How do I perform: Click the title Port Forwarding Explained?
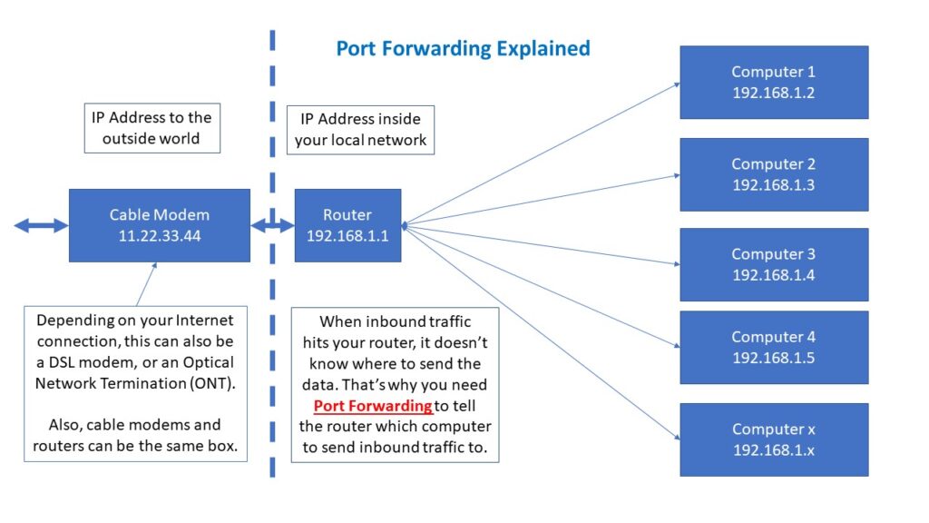coord(463,48)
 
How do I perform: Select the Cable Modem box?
coord(159,225)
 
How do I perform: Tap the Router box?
coord(347,225)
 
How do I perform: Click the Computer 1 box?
coord(773,82)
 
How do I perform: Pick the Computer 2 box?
coord(773,174)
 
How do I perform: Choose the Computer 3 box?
coord(773,264)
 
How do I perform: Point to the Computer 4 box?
coord(773,347)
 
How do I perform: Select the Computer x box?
coord(773,439)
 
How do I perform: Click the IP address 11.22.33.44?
coord(159,235)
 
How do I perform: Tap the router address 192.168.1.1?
coord(347,235)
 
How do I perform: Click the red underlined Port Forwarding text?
coord(373,406)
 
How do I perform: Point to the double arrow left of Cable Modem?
coord(41,225)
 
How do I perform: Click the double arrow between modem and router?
coord(271,225)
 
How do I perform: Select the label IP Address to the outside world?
coord(151,128)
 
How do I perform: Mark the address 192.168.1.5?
coord(773,358)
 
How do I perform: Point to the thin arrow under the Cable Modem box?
coord(145,283)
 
